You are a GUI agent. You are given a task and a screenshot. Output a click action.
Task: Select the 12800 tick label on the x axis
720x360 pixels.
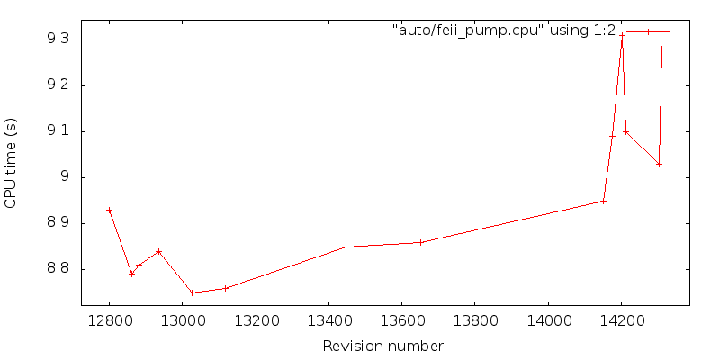coord(109,319)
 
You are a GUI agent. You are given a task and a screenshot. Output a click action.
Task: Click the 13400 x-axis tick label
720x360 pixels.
coord(328,319)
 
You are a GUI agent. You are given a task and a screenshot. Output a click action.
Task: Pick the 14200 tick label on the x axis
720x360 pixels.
coord(622,319)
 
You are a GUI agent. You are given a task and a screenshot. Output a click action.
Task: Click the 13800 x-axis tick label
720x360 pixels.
coord(475,319)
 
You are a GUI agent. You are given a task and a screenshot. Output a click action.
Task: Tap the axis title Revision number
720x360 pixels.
coord(383,346)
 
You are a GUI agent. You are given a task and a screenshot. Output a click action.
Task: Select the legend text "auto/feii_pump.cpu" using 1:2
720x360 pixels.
coord(504,31)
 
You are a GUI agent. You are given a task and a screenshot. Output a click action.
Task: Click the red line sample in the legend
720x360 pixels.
coord(648,31)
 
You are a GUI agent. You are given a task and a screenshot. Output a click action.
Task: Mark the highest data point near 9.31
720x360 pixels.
coord(622,35)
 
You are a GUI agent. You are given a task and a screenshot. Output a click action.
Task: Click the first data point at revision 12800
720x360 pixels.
coord(109,210)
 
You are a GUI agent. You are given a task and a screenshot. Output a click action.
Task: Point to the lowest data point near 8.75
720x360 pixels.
coord(192,292)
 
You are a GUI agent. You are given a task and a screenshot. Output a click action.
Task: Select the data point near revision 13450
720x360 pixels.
coord(346,247)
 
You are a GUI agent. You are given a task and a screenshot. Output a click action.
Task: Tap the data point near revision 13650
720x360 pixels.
coord(420,242)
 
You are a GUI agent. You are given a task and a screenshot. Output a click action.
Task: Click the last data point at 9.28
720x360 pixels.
coord(661,49)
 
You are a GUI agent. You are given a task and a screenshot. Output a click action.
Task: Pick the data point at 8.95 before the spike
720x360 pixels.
coord(604,201)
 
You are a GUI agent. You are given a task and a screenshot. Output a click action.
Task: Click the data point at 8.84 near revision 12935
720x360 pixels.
coord(159,251)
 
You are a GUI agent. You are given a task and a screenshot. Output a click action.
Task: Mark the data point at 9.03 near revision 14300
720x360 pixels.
coord(659,164)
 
